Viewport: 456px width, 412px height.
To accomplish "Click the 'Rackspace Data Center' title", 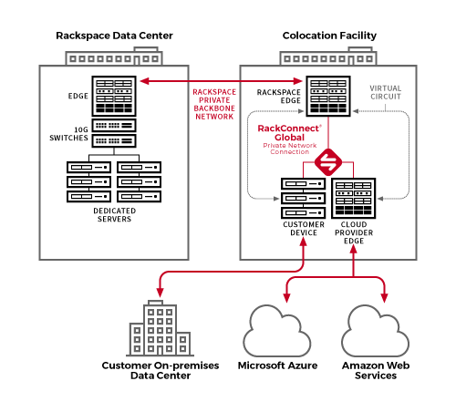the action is (114, 36).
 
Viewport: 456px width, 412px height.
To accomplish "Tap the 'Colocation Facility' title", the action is (329, 36).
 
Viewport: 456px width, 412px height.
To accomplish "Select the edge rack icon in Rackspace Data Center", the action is (114, 96).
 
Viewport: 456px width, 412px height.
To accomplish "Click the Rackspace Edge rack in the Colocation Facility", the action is (328, 96).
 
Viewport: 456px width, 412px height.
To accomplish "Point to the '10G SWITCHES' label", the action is (69, 134).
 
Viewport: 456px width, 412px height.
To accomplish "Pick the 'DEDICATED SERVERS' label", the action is (115, 215).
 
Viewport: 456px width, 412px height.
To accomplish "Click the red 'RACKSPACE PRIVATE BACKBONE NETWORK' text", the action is (214, 104).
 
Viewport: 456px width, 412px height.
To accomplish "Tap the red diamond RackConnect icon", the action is (328, 162).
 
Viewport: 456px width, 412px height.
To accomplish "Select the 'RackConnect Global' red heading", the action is (289, 133).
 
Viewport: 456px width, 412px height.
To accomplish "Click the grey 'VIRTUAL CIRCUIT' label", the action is (386, 92).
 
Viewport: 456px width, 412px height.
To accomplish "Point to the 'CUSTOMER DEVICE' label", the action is (304, 229).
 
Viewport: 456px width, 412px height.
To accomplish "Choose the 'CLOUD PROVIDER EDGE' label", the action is (354, 232).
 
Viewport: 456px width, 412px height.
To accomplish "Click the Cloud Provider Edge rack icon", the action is (354, 198).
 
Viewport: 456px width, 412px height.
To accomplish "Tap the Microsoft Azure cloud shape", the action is (277, 331).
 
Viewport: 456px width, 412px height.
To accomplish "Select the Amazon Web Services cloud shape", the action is (375, 331).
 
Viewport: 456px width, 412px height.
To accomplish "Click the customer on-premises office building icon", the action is (161, 328).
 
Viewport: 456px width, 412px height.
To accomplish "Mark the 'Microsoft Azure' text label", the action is (277, 366).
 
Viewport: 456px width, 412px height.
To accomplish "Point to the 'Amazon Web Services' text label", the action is (376, 370).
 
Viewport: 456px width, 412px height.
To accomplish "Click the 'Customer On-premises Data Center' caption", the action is (161, 370).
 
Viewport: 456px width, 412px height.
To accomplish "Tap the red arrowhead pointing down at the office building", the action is (160, 293).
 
